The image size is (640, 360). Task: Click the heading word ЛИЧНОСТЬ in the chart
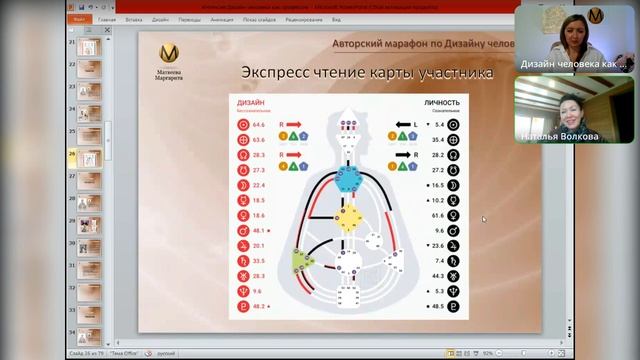click(x=442, y=102)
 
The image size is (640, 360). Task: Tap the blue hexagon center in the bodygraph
click(x=347, y=178)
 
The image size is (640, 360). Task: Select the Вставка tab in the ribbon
click(x=135, y=19)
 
